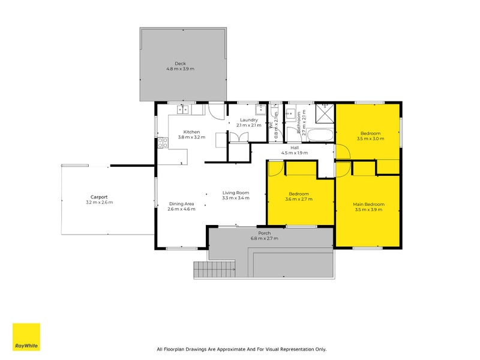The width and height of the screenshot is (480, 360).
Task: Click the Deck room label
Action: [x=181, y=64]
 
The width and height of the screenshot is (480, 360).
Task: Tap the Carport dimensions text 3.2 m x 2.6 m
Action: [x=100, y=202]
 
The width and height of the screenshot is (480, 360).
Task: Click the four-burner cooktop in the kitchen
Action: [x=163, y=143]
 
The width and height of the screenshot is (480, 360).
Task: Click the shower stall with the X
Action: [x=325, y=113]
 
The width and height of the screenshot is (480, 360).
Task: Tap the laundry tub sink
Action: [x=260, y=109]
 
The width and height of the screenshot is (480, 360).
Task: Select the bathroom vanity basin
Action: [x=291, y=113]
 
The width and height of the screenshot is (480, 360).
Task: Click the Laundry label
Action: [x=249, y=120]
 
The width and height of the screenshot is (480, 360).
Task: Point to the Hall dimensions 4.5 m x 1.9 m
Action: [x=295, y=153]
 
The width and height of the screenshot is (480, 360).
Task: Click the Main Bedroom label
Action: [x=368, y=204]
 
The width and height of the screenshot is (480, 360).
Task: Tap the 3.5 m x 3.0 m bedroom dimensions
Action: [x=370, y=139]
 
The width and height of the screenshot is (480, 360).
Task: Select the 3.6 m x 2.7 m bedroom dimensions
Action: [x=299, y=199]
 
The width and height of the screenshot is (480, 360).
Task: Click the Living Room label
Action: [x=236, y=193]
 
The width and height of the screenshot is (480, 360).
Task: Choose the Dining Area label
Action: [x=182, y=204]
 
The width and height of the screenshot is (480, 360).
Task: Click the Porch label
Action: [x=264, y=233]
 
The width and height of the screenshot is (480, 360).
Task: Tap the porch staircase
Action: [x=214, y=269]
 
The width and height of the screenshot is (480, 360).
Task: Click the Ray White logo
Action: [x=26, y=337]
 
